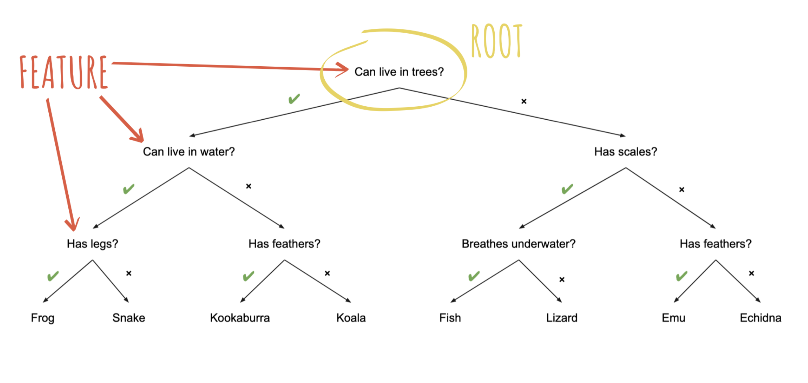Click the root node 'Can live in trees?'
click(399, 72)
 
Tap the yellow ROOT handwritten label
click(497, 41)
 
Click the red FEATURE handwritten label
click(64, 72)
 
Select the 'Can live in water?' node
click(189, 152)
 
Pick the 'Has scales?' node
click(626, 152)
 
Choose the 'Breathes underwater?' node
click(518, 244)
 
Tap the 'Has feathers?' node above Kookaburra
click(284, 244)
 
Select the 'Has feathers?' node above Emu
click(715, 244)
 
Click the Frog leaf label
click(43, 318)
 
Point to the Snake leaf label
click(129, 318)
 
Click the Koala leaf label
click(351, 318)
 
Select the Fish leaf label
click(450, 318)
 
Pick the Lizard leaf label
click(562, 318)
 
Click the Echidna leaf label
click(760, 318)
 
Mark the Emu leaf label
click(673, 318)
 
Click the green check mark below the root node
click(294, 99)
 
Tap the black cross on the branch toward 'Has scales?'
click(524, 101)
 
